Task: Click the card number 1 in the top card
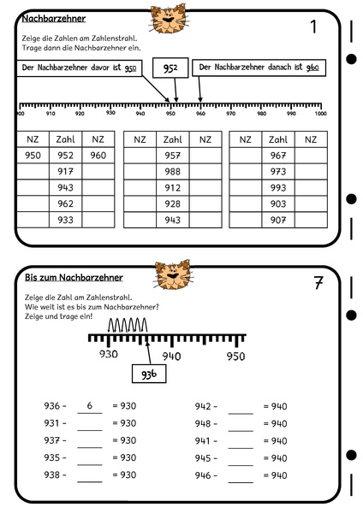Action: [313, 27]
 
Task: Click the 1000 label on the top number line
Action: [319, 113]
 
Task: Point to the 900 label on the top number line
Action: [21, 113]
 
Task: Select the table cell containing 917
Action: [65, 172]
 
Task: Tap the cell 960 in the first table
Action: [98, 156]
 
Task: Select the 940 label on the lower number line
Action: [172, 357]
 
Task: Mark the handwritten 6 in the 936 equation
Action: [90, 405]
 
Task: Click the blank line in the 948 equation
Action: [241, 424]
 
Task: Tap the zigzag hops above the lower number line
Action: [127, 325]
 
